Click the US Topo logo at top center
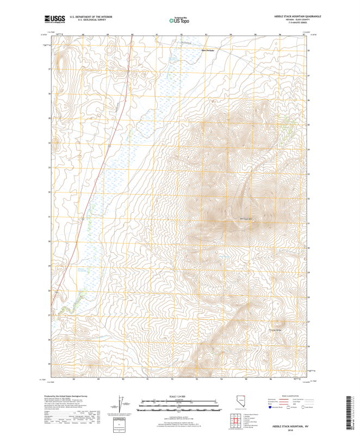coord(180,20)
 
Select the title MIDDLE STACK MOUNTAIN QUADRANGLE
coord(297,16)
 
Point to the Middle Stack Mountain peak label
coord(247,219)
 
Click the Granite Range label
coord(276,330)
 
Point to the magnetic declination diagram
coord(119,405)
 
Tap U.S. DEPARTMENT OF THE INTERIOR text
coord(87,16)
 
